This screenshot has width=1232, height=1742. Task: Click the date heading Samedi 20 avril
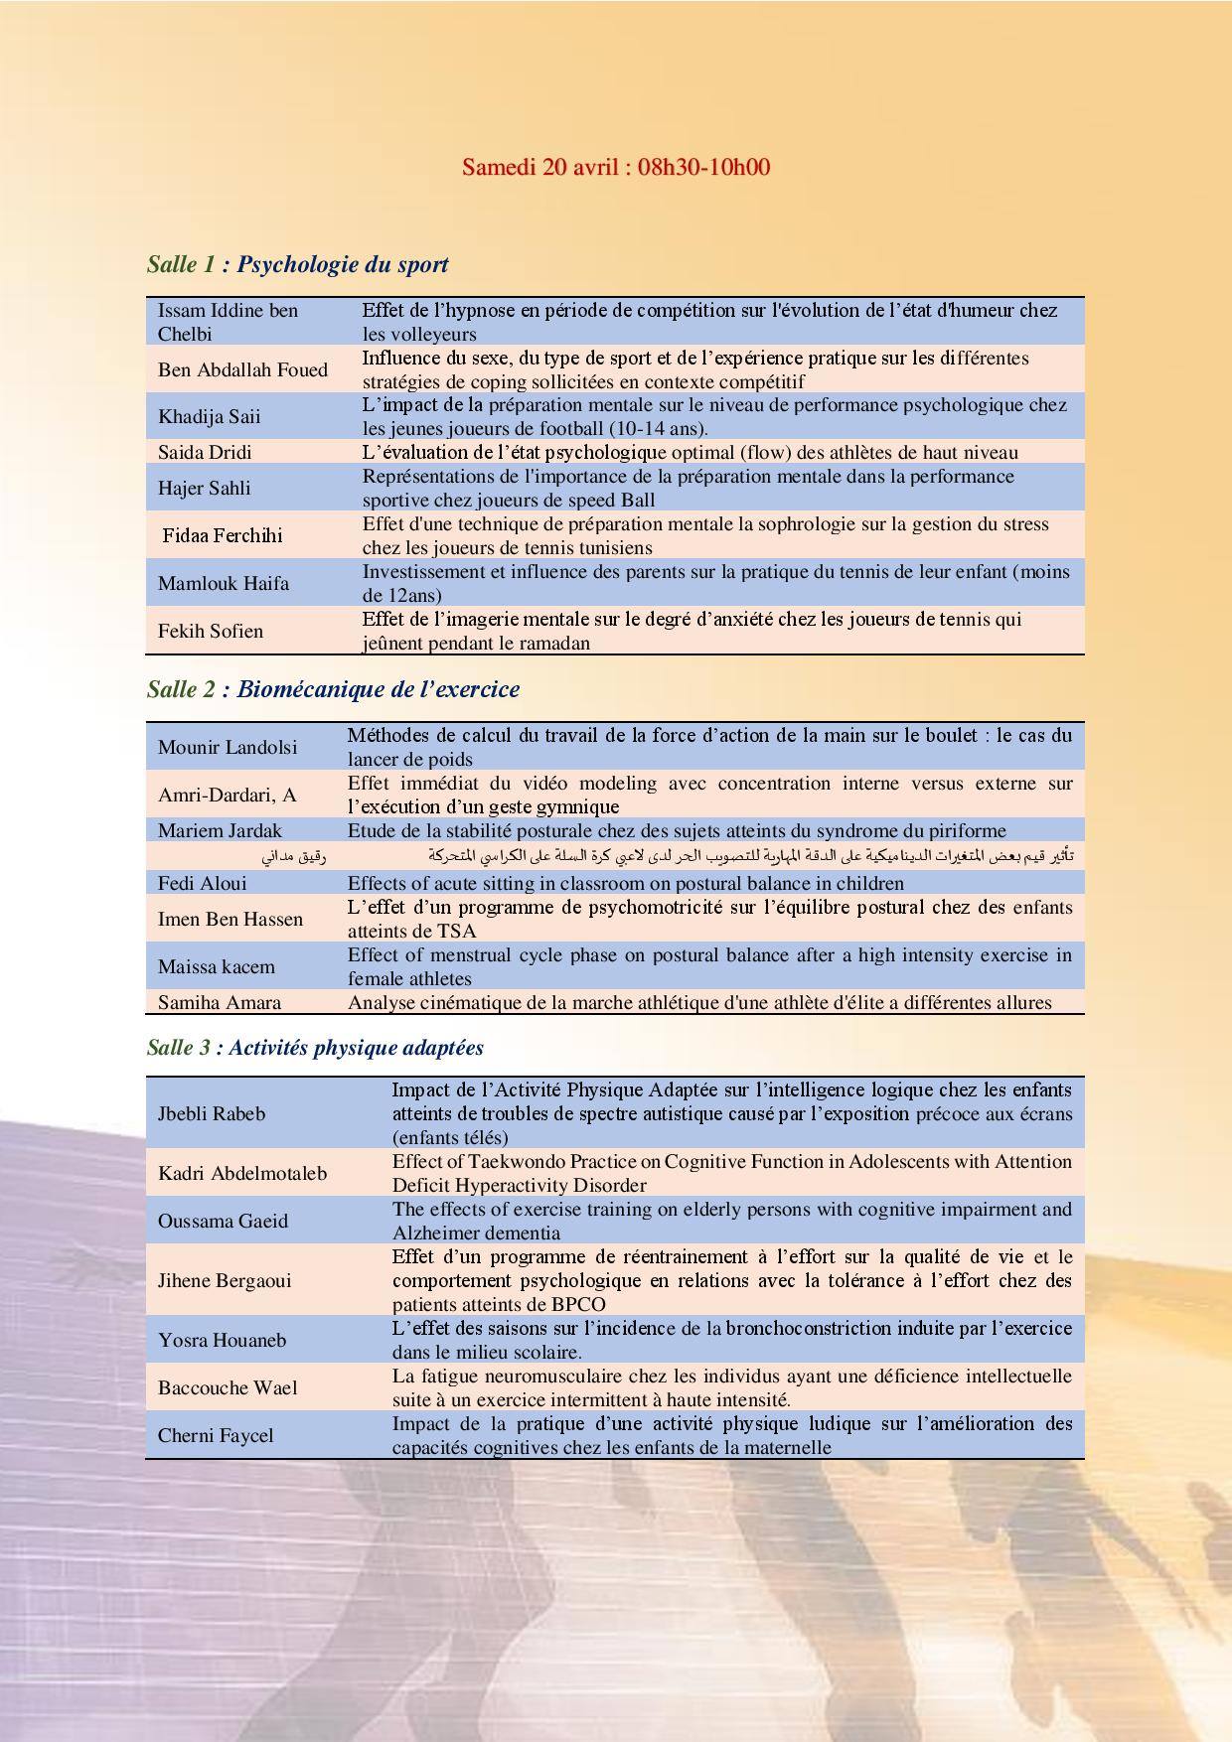tap(615, 166)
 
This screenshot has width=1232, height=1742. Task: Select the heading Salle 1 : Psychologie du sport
tap(297, 264)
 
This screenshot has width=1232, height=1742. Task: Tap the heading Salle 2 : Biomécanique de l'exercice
tap(333, 689)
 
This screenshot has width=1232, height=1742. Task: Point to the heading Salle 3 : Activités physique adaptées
tap(315, 1048)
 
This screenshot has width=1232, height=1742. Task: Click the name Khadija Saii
tap(209, 416)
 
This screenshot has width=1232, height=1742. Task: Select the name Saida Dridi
tap(205, 453)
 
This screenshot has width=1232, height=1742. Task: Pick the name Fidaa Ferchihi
tap(223, 535)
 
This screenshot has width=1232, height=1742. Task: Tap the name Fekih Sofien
tap(211, 631)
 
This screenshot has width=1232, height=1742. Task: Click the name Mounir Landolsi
tap(228, 747)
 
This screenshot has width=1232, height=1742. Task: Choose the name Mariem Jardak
tap(220, 831)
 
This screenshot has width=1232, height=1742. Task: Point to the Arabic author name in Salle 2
tap(294, 856)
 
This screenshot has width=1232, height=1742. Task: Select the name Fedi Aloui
tap(203, 883)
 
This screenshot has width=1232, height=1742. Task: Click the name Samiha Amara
tap(220, 1003)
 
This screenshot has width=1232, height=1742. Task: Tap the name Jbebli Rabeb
tap(212, 1113)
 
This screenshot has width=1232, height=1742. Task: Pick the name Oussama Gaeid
tap(224, 1221)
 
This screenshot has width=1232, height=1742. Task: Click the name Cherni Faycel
tap(216, 1435)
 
